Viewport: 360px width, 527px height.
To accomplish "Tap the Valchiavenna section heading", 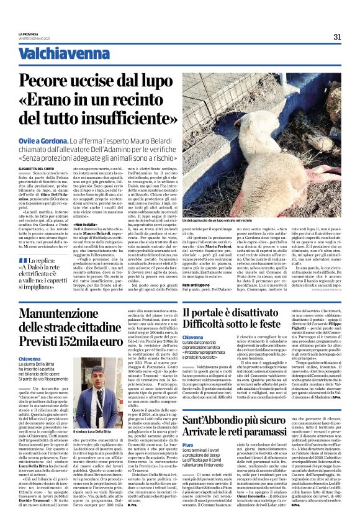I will [x=58, y=54].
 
